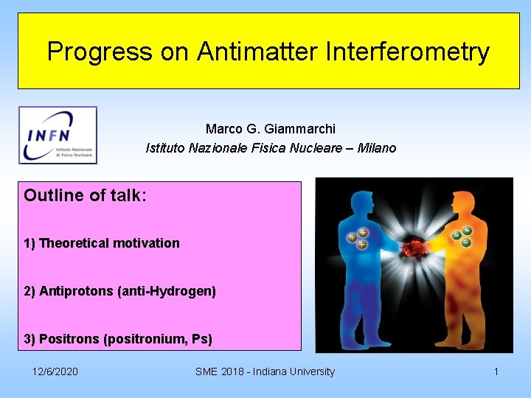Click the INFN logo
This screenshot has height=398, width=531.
coord(58,135)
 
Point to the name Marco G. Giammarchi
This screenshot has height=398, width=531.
coord(270,129)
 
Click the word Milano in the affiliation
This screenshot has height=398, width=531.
coord(376,148)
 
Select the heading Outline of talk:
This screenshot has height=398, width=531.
coord(85,195)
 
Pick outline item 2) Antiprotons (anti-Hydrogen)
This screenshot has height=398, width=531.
coord(120,291)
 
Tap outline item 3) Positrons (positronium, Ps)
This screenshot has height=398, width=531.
coord(118,339)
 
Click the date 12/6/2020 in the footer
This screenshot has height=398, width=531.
coord(55,371)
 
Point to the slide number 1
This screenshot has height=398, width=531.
coord(496,371)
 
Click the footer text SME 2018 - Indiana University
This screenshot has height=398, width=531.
coord(265,371)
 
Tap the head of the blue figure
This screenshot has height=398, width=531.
coord(362,202)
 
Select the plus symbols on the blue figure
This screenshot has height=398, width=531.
coord(358,237)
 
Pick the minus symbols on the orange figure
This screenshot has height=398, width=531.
coord(462,236)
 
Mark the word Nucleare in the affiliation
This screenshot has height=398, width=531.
coord(319,148)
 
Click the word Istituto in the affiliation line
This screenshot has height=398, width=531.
coord(165,148)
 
